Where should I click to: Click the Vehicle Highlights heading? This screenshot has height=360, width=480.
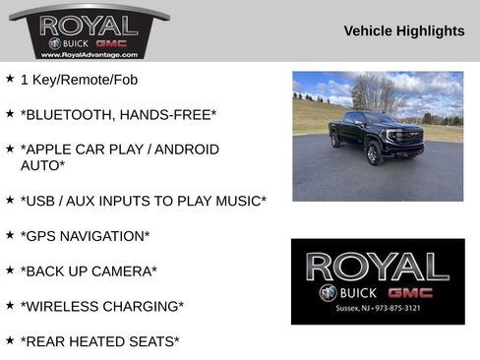click(x=403, y=31)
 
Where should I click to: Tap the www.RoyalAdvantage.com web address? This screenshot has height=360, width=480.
click(x=88, y=55)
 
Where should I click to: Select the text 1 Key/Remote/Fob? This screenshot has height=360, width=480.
click(x=80, y=79)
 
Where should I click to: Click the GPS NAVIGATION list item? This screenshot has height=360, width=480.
click(x=86, y=236)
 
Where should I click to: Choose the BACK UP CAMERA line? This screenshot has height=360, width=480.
click(x=89, y=270)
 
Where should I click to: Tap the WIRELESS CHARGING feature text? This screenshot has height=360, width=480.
click(x=102, y=306)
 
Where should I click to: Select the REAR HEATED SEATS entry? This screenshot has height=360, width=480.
click(x=100, y=341)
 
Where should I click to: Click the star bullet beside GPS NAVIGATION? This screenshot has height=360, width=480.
click(x=10, y=234)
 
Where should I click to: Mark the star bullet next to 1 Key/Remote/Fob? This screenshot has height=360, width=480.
click(x=10, y=77)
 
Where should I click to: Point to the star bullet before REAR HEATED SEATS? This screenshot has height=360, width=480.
click(x=10, y=339)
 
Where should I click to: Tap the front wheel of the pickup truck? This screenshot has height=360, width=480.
click(x=374, y=154)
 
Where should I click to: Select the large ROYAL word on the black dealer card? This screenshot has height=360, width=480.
click(x=377, y=267)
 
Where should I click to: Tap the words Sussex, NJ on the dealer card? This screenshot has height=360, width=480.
click(x=350, y=309)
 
